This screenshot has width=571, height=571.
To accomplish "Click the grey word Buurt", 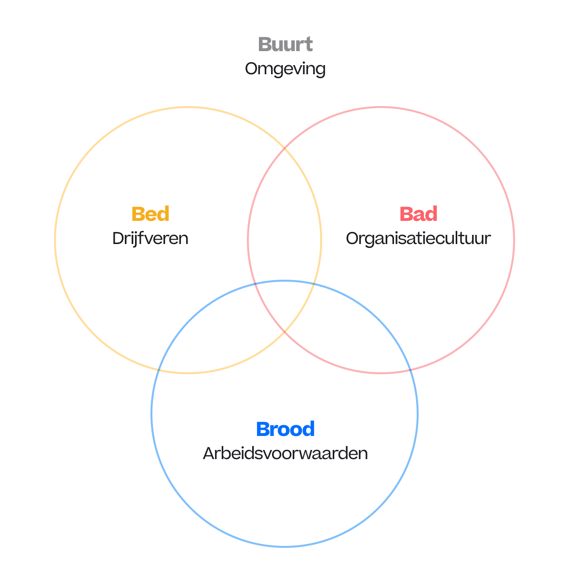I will click(x=285, y=44).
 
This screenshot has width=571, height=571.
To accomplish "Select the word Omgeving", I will click(x=285, y=68).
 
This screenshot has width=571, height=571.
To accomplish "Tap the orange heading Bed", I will click(x=150, y=214).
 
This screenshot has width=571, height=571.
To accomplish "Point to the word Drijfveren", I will click(x=150, y=238).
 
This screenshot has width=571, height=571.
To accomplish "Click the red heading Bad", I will click(x=418, y=214).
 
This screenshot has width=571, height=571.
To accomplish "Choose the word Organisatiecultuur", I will click(x=418, y=238).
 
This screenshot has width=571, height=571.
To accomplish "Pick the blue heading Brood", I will click(x=285, y=429).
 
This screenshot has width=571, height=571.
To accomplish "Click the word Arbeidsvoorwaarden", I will click(x=285, y=453).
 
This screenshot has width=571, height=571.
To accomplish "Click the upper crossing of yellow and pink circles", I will click(x=285, y=149).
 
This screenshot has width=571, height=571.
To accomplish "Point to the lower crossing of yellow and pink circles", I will click(x=285, y=332).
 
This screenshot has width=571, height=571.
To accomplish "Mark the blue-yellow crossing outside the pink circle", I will click(x=158, y=369).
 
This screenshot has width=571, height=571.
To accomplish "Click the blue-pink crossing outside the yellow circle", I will click(x=411, y=369).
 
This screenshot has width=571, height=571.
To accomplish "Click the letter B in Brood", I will click(x=263, y=429).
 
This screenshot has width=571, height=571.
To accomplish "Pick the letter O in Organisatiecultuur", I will click(x=353, y=238).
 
